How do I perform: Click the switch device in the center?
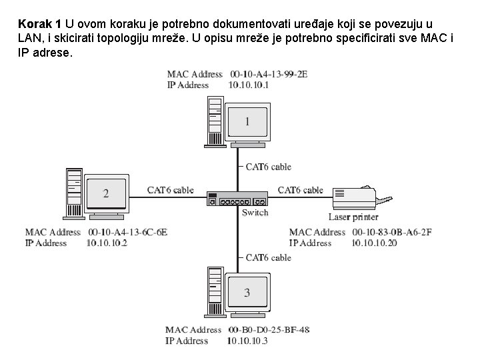pos(237,198)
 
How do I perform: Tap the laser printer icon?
pos(361,196)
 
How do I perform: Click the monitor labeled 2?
pos(105,193)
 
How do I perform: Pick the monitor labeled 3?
pos(247,293)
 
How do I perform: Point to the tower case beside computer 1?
pos(215,122)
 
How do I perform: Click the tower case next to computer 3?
pos(215,291)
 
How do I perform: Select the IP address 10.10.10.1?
pos(248,85)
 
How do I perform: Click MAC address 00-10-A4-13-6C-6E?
pos(127,232)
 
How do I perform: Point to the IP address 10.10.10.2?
pos(106,243)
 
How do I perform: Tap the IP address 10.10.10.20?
pos(375,243)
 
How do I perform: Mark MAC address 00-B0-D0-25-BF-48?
pos(268,330)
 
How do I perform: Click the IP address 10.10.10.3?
pos(247,341)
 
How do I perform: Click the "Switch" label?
pos(255,213)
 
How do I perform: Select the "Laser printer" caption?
pos(353,217)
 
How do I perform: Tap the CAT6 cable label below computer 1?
pos(268,167)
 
